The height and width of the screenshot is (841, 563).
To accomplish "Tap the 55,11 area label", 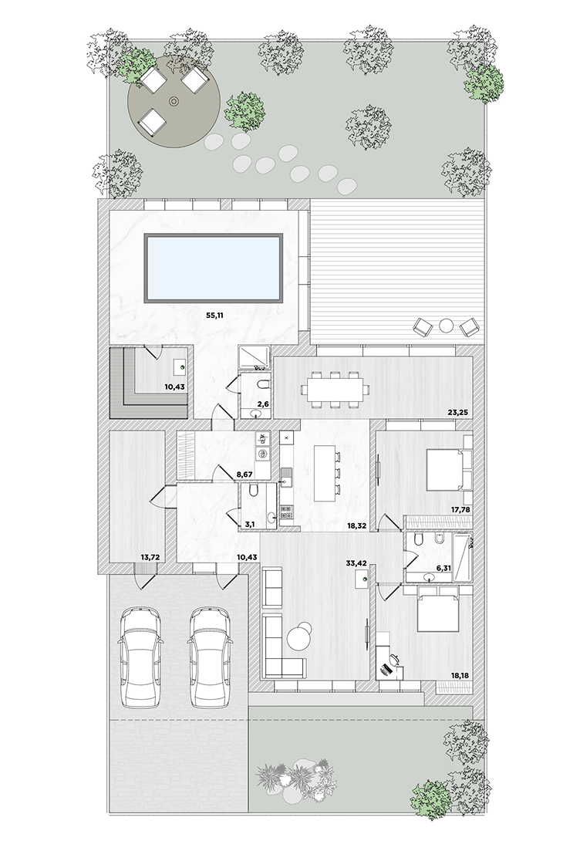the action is click(x=214, y=316).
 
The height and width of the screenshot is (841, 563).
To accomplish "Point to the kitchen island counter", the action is click(x=323, y=474).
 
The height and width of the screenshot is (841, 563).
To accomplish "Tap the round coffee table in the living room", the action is click(x=298, y=637).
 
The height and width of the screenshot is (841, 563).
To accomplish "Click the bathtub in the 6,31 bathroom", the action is click(x=462, y=559).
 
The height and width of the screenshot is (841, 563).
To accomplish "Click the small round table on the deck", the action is click(x=447, y=325).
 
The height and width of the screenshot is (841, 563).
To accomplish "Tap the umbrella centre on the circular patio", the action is click(x=174, y=101).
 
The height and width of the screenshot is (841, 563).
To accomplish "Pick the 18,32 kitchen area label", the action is click(x=356, y=526).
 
